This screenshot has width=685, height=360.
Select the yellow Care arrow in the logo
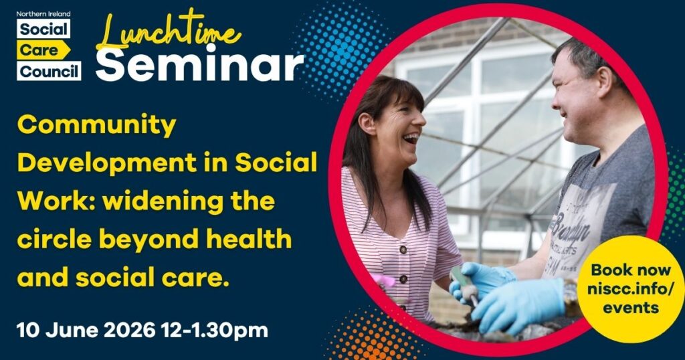(43, 50)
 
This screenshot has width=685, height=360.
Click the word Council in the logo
(49, 71)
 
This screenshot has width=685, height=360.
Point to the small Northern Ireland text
(43, 14)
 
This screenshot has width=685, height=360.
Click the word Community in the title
(96, 126)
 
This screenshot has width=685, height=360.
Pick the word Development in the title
(106, 163)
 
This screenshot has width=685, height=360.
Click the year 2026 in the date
(129, 331)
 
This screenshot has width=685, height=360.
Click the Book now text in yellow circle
(630, 270)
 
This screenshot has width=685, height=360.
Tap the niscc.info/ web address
(630, 288)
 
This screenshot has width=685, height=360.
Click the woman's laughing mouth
(410, 139)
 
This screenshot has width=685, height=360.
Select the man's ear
(605, 82)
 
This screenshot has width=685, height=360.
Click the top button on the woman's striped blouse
(403, 250)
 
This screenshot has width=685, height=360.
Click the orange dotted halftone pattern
(371, 337)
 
